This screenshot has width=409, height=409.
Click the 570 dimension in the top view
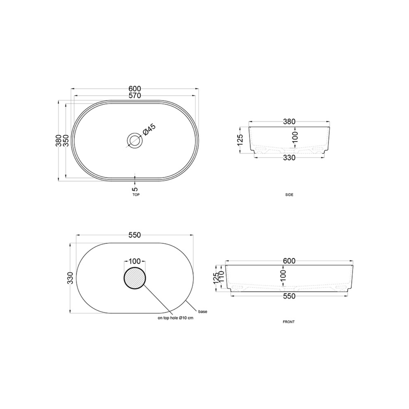pos(135,96)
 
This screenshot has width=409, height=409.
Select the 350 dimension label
pos(66,140)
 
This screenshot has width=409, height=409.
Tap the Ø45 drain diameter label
pos(149,129)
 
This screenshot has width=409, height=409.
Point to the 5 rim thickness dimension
pos(135,189)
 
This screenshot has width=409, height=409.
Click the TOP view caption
pos(136,195)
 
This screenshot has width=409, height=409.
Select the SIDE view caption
pos(289,195)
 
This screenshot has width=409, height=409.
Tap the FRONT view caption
pos(289,322)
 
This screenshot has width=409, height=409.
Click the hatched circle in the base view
pos(135,278)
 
